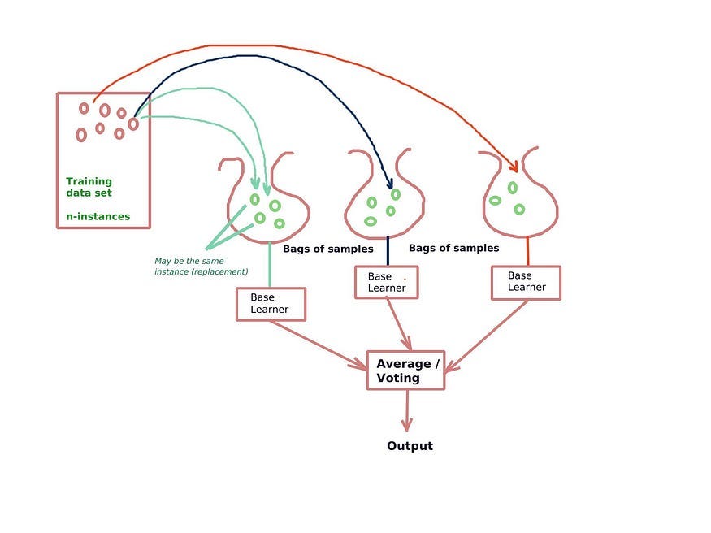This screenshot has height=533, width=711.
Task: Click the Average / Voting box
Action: pyautogui.click(x=406, y=370)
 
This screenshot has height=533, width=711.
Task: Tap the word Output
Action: pyautogui.click(x=410, y=446)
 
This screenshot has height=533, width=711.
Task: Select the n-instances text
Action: pyautogui.click(x=98, y=217)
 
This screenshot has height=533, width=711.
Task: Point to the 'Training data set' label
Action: pyautogui.click(x=89, y=187)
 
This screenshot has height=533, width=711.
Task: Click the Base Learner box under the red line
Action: pyautogui.click(x=526, y=281)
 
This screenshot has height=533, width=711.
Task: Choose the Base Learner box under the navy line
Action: pyautogui.click(x=387, y=282)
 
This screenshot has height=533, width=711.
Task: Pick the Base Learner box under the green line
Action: pyautogui.click(x=271, y=303)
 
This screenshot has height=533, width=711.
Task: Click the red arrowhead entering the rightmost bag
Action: pyautogui.click(x=514, y=167)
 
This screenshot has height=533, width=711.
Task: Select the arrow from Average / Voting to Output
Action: pyautogui.click(x=406, y=410)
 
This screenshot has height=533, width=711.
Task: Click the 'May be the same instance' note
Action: pyautogui.click(x=201, y=266)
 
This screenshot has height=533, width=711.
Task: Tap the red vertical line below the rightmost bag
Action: pyautogui.click(x=528, y=249)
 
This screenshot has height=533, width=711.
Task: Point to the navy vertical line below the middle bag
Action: pyautogui.click(x=388, y=250)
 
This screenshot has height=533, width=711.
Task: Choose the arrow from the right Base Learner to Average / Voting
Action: pyautogui.click(x=488, y=336)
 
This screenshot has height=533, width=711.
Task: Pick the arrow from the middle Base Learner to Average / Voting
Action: pyautogui.click(x=398, y=325)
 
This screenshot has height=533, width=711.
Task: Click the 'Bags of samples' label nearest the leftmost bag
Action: pyautogui.click(x=327, y=249)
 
